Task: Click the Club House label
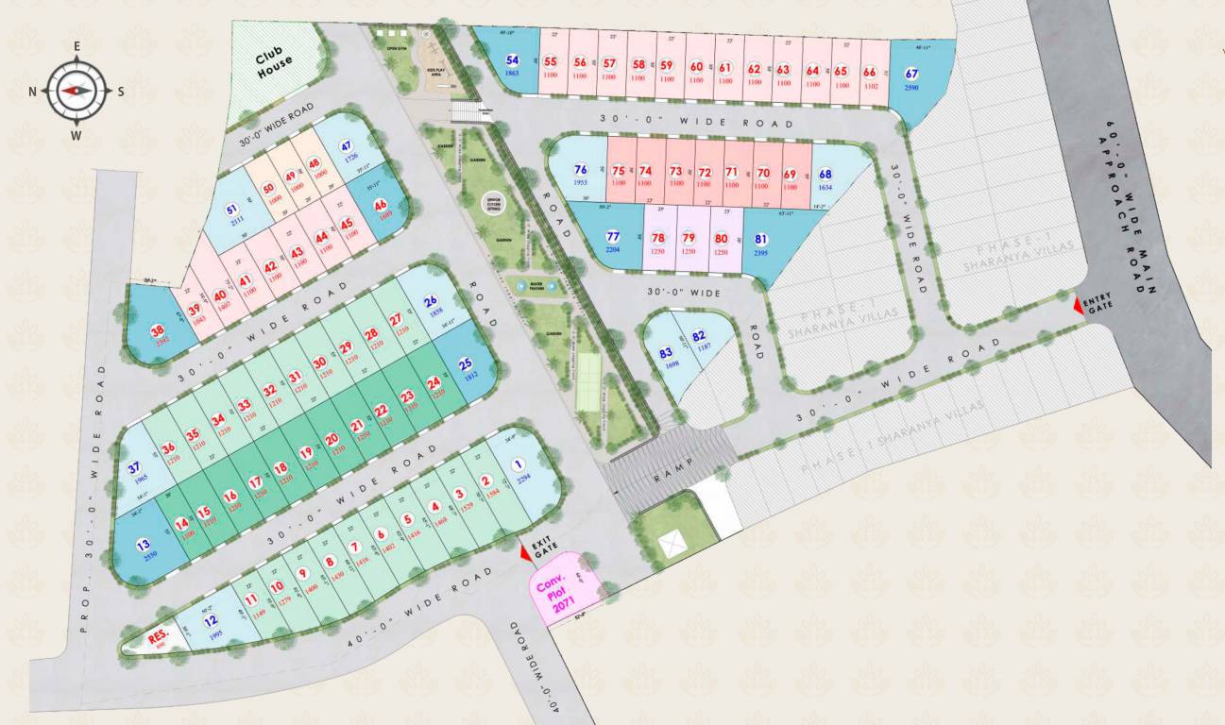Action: point(275,60)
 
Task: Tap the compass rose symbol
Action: point(77,91)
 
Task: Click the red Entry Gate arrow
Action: point(1080,305)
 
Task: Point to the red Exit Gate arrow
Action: point(526,556)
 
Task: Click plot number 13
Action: point(144,545)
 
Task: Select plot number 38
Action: point(158,330)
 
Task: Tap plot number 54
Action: point(512,59)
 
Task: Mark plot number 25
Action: point(465,364)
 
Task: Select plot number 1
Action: point(518,464)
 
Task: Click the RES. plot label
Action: point(158,637)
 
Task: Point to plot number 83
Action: point(666,354)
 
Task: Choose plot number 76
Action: point(581,170)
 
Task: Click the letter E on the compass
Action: point(77,46)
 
